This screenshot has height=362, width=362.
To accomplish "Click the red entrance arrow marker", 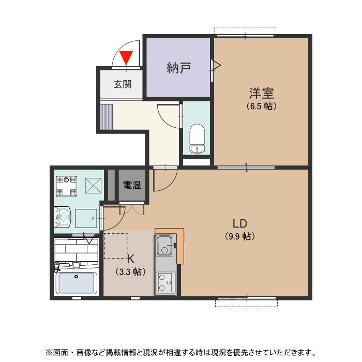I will [126, 57].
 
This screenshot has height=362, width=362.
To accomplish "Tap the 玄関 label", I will [123, 84].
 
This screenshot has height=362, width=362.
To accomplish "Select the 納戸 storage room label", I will [179, 68].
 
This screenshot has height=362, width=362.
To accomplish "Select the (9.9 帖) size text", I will [239, 236].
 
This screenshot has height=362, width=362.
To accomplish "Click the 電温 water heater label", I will [132, 185].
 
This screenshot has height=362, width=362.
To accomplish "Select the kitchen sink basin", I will [165, 245].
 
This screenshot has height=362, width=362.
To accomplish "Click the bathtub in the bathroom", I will [77, 283].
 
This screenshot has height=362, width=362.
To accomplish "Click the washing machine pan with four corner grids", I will [66, 185].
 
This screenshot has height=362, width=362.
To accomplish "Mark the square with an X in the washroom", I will [94, 184].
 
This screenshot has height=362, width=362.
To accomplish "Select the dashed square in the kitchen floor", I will [116, 246].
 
